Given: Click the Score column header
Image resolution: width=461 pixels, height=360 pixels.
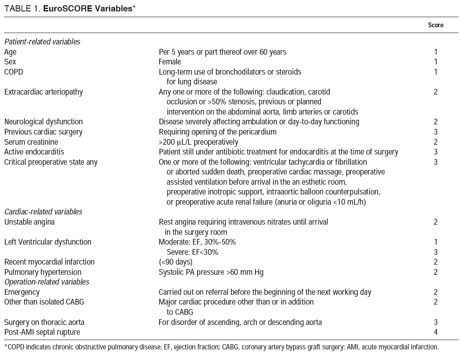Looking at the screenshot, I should click(435, 25).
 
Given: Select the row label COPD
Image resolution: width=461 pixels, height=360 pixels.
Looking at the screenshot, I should click(13, 72).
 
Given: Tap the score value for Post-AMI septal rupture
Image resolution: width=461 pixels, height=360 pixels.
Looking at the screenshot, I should click(436, 332).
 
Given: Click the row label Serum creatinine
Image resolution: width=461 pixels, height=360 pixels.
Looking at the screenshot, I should click(31, 142).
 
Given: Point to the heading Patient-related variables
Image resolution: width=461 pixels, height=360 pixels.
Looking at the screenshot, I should click(42, 42).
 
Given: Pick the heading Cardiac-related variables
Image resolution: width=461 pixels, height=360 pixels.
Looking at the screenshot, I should click(43, 212).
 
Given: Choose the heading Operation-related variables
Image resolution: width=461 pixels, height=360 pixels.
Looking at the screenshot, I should click(47, 282).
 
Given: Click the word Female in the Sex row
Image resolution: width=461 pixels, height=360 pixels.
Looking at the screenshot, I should click(170, 62).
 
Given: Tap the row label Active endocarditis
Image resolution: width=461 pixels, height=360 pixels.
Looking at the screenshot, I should click(34, 152).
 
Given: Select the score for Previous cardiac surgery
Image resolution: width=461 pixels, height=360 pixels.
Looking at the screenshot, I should click(436, 132).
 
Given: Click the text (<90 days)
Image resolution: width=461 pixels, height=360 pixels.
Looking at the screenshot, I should click(175, 262).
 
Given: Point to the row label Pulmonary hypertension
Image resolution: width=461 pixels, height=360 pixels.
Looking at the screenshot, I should click(43, 272).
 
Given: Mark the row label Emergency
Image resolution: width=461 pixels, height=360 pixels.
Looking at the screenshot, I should click(22, 292).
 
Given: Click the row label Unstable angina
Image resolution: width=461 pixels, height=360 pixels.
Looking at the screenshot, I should click(29, 222).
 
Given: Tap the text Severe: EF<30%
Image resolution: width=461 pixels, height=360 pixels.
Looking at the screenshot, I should click(192, 252).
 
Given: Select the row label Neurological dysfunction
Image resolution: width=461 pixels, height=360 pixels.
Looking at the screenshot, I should click(43, 121).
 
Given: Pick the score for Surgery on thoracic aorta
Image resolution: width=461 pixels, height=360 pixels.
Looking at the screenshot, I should click(436, 322).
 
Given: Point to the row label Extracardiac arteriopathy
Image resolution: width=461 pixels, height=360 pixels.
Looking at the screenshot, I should click(43, 92).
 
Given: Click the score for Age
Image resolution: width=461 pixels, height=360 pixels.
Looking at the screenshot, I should click(436, 52).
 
